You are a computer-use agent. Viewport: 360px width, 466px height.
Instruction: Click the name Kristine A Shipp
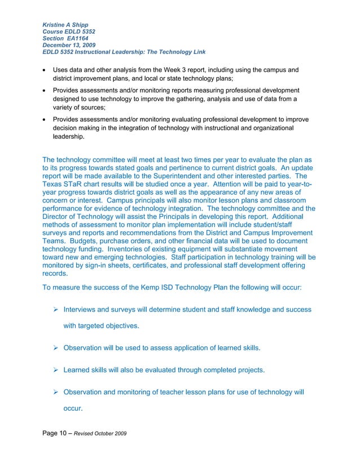[x=65, y=25]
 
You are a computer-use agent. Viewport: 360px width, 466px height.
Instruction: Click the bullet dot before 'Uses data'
[x=45, y=69]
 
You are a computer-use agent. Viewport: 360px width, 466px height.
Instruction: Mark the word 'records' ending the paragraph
[x=55, y=274]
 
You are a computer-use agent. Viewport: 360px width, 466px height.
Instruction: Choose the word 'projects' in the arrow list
[x=248, y=370]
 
